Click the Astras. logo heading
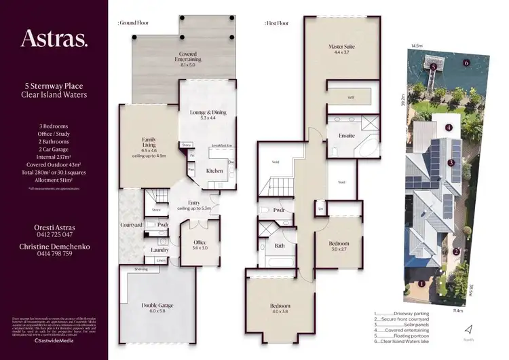click(x=54, y=39)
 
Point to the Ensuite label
click(x=347, y=136)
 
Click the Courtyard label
click(x=132, y=225)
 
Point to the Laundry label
click(x=161, y=250)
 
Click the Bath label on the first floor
click(x=280, y=246)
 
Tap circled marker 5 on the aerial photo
click(x=432, y=67)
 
